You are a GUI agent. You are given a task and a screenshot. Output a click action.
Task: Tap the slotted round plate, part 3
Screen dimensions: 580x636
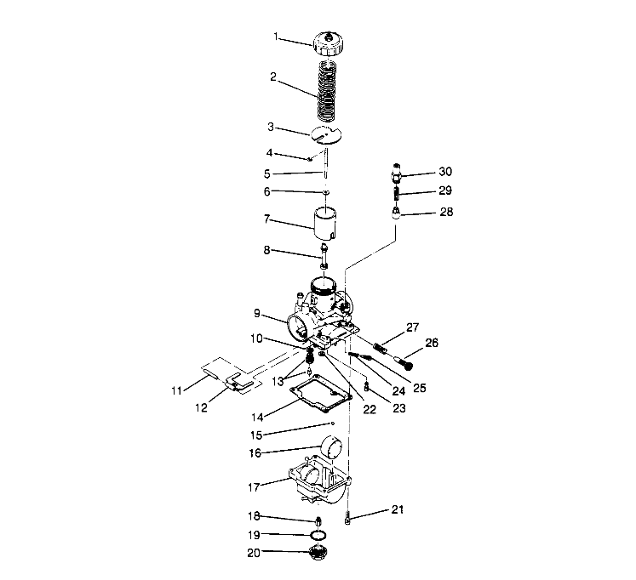click(x=324, y=135)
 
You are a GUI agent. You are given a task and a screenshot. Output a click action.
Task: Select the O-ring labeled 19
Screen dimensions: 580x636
click(x=318, y=534)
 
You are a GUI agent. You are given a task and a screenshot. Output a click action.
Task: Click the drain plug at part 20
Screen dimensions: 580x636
click(x=318, y=554)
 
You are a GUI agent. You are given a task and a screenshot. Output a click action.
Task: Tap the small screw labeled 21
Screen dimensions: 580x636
click(x=349, y=516)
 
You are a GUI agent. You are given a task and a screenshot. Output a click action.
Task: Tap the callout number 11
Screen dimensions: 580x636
click(x=177, y=391)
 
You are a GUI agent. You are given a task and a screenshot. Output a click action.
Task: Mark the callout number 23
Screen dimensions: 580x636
click(x=398, y=407)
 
